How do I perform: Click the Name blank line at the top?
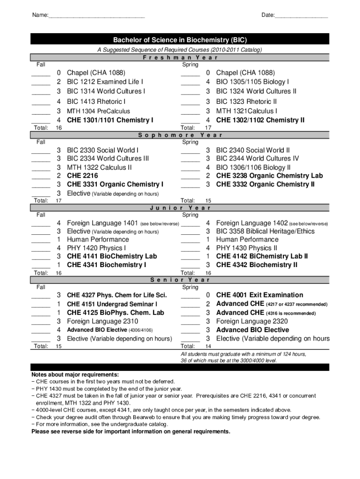(x=96, y=17)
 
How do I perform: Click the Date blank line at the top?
(x=301, y=17)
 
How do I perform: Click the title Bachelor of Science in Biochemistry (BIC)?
(x=180, y=40)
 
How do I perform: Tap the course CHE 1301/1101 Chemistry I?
(x=110, y=120)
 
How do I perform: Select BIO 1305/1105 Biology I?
(x=252, y=82)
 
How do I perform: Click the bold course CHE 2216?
(x=82, y=176)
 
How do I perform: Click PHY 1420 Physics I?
(x=96, y=248)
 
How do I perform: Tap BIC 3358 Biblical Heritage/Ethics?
(x=265, y=231)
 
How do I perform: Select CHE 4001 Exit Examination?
(x=259, y=295)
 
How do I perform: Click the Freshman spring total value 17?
(x=209, y=128)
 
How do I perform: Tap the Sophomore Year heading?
(x=180, y=135)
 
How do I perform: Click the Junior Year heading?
(x=180, y=208)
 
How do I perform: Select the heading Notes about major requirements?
(x=75, y=375)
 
